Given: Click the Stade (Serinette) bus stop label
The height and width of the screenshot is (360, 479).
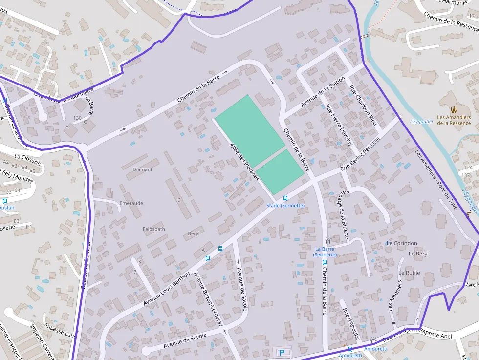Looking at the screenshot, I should pos(285,206).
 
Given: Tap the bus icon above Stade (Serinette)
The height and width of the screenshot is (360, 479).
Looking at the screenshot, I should pos(285,198).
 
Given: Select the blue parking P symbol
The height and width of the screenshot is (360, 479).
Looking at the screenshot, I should pos(282,352).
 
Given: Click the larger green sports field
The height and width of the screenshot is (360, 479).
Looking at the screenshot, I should pos(249,130).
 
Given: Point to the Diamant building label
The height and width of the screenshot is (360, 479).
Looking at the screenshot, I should pos(143,169).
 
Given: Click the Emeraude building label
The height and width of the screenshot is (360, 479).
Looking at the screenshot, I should pos(131,203).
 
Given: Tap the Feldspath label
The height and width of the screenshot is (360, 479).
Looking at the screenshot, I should pos(153,229).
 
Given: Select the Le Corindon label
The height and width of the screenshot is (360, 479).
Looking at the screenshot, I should pos(402,243).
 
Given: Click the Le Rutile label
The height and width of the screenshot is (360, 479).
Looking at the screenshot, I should pos(409,273).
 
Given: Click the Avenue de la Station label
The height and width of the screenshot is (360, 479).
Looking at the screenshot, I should pos(323,92).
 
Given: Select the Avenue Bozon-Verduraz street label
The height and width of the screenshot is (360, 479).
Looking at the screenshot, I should pos(209,299).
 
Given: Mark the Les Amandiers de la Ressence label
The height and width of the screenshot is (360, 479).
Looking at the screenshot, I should pos(454,120).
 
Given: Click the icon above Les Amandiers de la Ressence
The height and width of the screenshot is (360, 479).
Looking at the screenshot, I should pos(454,109).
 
